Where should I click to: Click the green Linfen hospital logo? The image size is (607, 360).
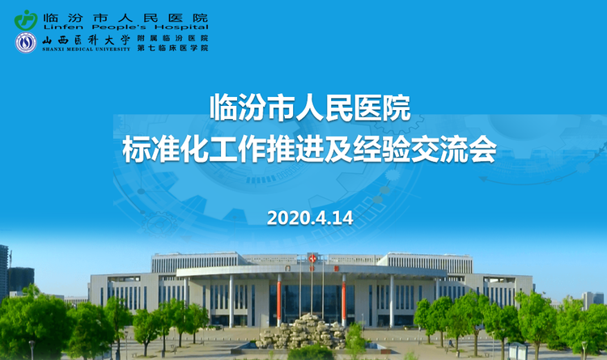pos(26,20)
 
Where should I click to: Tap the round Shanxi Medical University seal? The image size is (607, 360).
pos(26,43)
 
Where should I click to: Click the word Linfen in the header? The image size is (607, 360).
pos(63,27)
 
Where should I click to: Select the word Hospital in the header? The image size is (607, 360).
pos(181,27)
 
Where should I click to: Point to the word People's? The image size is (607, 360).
pos(119,27)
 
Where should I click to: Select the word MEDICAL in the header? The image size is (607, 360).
pos(80,49)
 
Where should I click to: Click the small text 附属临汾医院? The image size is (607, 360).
pos(172,38)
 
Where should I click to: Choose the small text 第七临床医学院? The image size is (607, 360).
pos(172,48)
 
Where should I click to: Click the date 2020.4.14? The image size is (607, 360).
pos(310,218)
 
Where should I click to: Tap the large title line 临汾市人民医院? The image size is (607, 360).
pos(310,108)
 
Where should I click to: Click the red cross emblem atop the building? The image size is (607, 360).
pos(312,258)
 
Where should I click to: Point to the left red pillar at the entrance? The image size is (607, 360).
pos(279,300)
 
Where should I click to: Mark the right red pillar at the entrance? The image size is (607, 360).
pos(343,300)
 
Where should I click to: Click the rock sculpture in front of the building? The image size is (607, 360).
pos(303,332)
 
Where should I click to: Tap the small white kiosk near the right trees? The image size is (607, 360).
pos(518,351)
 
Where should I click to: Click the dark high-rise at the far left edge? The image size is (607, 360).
pos(4,272)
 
